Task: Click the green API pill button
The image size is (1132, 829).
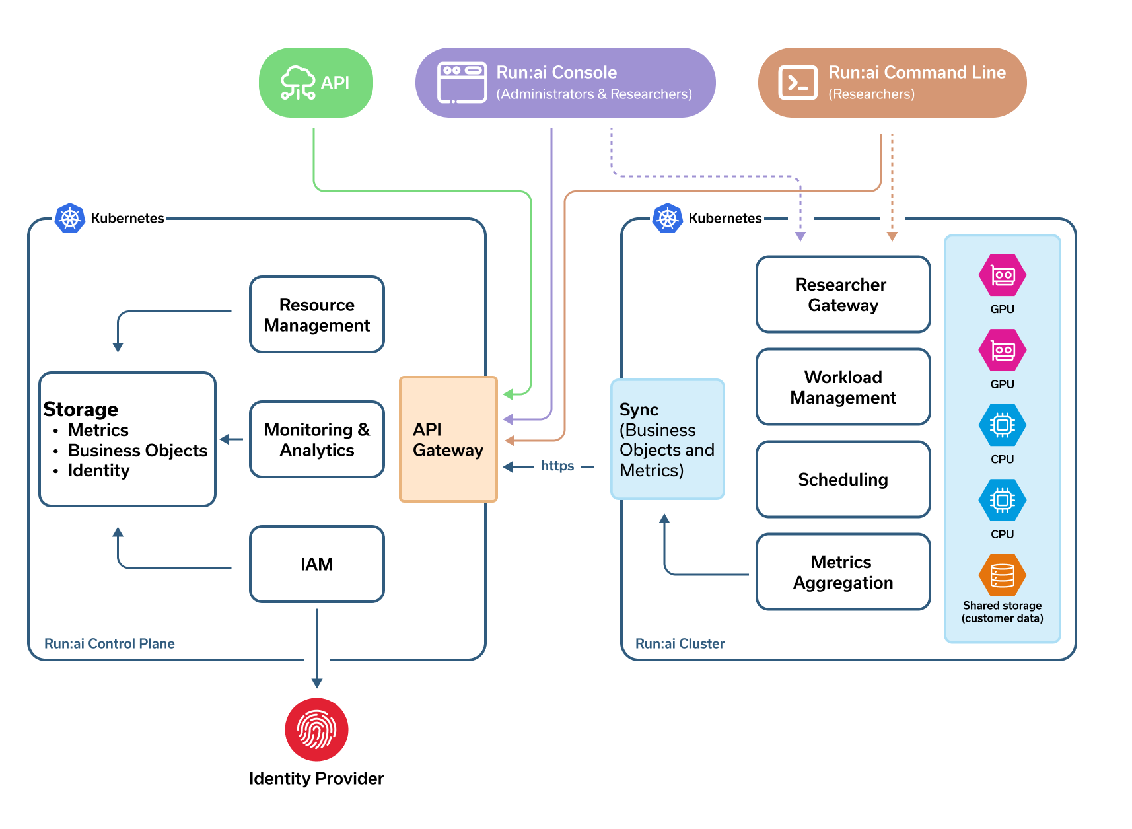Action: [316, 83]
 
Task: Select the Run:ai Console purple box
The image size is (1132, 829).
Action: [565, 83]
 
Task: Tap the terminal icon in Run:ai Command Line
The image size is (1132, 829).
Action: [797, 83]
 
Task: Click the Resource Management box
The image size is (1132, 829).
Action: [316, 314]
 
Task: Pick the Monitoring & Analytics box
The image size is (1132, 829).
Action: [316, 439]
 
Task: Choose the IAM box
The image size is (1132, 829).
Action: [316, 564]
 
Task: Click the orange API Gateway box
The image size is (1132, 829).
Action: [448, 439]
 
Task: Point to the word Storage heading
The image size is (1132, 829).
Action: [81, 410]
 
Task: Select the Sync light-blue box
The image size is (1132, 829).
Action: [667, 439]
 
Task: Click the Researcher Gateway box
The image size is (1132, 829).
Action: [843, 295]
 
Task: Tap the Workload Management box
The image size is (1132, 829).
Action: [843, 387]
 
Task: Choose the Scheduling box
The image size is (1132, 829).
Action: [843, 480]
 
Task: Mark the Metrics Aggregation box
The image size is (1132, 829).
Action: [843, 572]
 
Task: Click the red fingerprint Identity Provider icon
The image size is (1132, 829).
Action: [316, 729]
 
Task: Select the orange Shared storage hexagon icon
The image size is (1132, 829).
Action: [1002, 575]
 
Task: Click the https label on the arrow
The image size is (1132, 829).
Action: [557, 466]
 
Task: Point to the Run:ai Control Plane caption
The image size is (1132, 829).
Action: [110, 643]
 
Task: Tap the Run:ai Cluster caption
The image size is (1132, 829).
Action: [680, 643]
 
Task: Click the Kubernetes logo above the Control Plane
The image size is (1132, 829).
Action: [70, 218]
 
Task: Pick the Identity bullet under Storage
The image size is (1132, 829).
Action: [98, 470]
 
